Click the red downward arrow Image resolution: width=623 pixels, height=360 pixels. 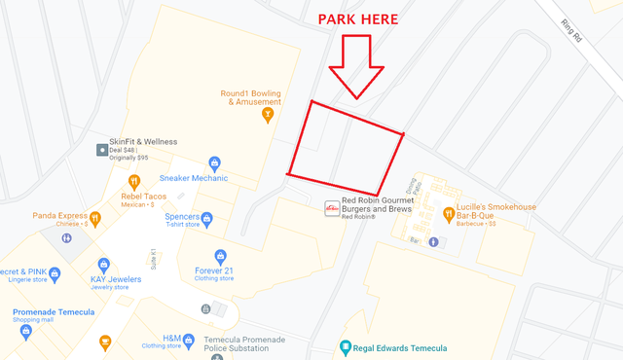pyautogui.click(x=356, y=68)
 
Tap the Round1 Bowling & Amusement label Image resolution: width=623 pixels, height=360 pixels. pyautogui.click(x=250, y=97)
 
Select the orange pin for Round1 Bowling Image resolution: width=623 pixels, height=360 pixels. pyautogui.click(x=268, y=115)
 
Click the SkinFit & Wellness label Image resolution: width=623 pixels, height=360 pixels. pyautogui.click(x=142, y=141)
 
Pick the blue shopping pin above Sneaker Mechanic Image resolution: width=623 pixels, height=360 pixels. pyautogui.click(x=215, y=162)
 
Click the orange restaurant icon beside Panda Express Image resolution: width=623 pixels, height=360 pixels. pyautogui.click(x=95, y=217)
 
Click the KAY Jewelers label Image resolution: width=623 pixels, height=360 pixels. pyautogui.click(x=109, y=279)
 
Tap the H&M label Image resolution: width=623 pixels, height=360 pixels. pyautogui.click(x=172, y=336)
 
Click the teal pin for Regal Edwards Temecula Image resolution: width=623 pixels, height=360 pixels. pyautogui.click(x=344, y=347)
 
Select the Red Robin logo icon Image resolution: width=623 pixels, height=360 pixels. pyautogui.click(x=332, y=208)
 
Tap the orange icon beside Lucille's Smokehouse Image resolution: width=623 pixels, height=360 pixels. pyautogui.click(x=449, y=213)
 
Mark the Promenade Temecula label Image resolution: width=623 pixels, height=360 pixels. pyautogui.click(x=54, y=312)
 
